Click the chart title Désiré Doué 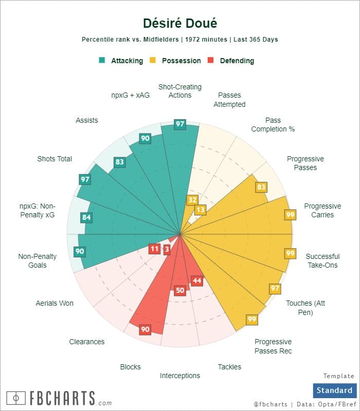click(179, 23)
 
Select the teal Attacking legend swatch click(102, 60)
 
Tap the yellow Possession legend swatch click(153, 60)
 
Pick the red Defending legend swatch click(210, 60)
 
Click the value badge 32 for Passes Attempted click(192, 200)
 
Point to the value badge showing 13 click(201, 210)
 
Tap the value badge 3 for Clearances click(167, 249)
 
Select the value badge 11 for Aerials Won click(154, 249)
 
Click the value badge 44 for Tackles click(196, 281)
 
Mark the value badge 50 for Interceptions click(179, 290)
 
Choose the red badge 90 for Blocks click(146, 329)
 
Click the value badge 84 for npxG click(86, 217)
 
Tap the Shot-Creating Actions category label click(180, 91)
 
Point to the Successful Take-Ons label click(322, 260)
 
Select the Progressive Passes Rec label click(273, 346)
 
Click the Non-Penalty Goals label click(38, 260)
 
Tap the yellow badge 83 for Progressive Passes click(261, 187)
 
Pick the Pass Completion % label click(273, 125)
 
